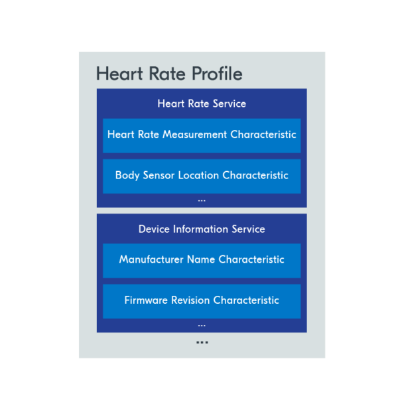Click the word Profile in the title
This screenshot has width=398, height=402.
tap(217, 74)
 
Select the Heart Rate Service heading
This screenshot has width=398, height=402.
tap(202, 104)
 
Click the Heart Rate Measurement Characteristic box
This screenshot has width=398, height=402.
tap(202, 135)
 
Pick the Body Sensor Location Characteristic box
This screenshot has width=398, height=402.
tap(202, 176)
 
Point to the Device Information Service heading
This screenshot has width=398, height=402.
tap(202, 230)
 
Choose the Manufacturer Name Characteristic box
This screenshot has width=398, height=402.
tap(202, 260)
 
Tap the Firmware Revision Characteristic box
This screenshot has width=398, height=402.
tap(202, 301)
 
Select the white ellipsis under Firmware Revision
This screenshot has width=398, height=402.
tap(202, 325)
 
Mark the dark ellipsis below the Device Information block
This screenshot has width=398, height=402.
tap(202, 343)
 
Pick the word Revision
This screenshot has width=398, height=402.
tap(190, 301)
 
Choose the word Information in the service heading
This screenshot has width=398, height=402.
tap(199, 230)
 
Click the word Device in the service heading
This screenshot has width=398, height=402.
tap(154, 230)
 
